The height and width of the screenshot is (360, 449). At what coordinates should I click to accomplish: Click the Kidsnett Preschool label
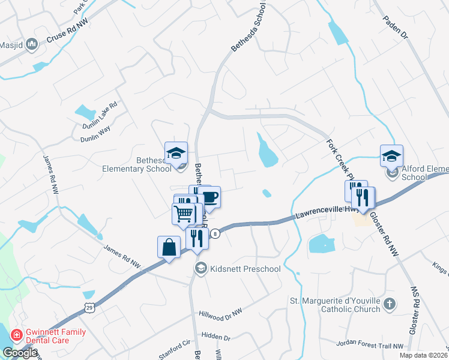[245, 269]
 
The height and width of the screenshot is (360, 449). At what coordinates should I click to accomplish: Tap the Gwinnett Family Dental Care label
[55, 336]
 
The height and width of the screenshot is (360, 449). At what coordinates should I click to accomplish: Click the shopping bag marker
[169, 247]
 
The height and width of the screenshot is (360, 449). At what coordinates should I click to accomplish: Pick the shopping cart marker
[184, 214]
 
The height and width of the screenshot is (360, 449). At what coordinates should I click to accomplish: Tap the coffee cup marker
[209, 197]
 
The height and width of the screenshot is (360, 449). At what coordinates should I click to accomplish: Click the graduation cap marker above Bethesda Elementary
[176, 154]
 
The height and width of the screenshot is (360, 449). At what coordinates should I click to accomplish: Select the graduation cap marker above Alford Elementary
[391, 157]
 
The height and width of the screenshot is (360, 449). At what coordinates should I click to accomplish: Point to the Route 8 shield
[214, 235]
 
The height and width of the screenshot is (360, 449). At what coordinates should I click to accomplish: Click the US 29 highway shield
[88, 307]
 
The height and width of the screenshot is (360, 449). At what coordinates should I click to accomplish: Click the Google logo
[20, 353]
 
